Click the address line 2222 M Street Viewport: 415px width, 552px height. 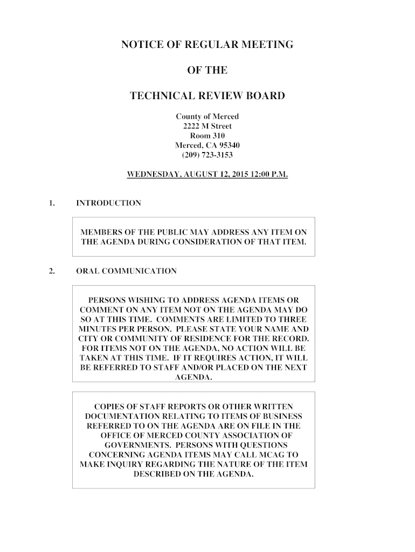207,127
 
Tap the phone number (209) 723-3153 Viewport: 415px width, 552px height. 207,155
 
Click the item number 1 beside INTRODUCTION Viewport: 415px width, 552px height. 51,203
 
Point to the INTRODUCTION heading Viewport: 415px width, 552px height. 108,203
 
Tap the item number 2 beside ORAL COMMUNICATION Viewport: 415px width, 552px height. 51,271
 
